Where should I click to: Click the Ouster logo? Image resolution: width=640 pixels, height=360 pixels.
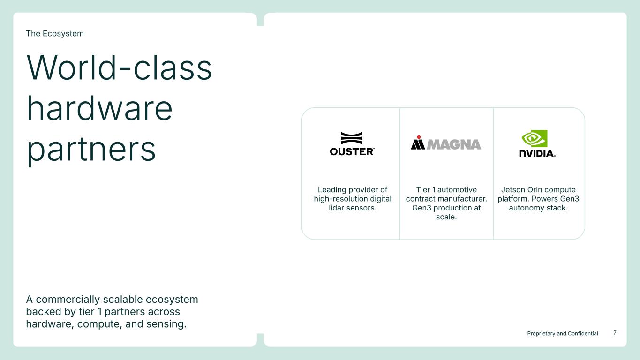(352, 144)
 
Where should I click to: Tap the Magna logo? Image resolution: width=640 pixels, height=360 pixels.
(446, 142)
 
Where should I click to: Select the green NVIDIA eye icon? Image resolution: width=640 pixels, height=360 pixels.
(535, 139)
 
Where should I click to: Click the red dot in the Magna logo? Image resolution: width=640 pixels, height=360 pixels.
(419, 137)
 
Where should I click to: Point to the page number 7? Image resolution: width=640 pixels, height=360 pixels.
(615, 332)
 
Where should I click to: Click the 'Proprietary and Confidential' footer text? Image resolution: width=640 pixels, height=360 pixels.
(563, 333)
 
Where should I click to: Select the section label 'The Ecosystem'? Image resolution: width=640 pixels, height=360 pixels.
(55, 33)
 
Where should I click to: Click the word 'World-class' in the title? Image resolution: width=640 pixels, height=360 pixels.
(119, 67)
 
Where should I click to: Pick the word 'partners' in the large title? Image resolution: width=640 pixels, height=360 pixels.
(91, 150)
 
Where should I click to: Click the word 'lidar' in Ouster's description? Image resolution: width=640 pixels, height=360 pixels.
(336, 208)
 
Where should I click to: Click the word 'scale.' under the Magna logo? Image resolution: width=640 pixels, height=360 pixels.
(446, 217)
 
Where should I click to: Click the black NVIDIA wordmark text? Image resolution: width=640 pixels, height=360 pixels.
(537, 153)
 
